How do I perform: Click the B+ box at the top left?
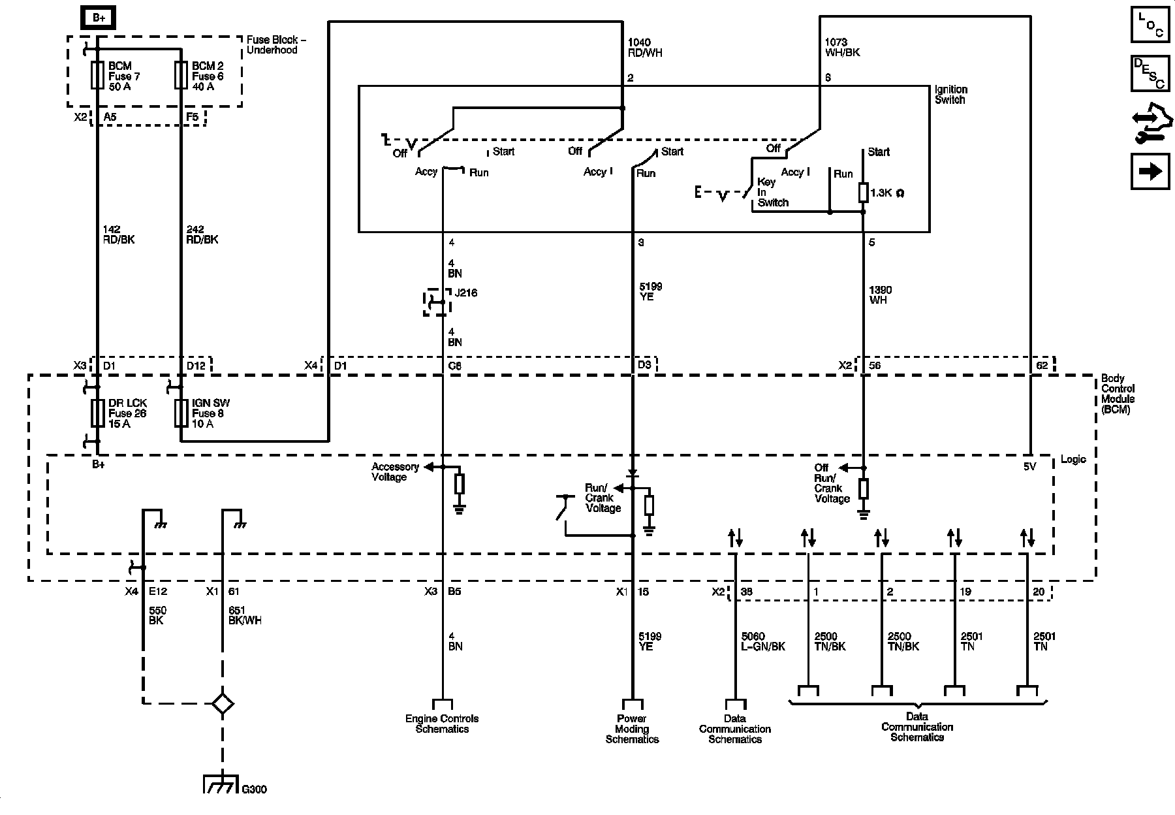[98, 18]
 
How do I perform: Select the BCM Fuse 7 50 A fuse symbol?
[97, 75]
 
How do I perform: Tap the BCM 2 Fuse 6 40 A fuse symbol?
[181, 75]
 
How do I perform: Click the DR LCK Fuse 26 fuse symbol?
[97, 413]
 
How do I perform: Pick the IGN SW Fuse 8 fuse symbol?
[181, 413]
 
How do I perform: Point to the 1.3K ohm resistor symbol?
[863, 193]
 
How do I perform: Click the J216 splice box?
[436, 302]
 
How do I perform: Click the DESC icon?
[1150, 72]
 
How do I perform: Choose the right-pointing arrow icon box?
[1150, 172]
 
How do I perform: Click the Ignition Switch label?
[950, 95]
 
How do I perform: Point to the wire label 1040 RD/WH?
[644, 48]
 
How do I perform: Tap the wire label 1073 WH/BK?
[842, 47]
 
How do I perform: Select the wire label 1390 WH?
[881, 295]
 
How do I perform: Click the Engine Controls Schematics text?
[442, 724]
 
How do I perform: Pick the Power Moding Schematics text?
[632, 729]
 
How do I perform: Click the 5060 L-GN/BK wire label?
[763, 641]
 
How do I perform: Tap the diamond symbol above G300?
[223, 703]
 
